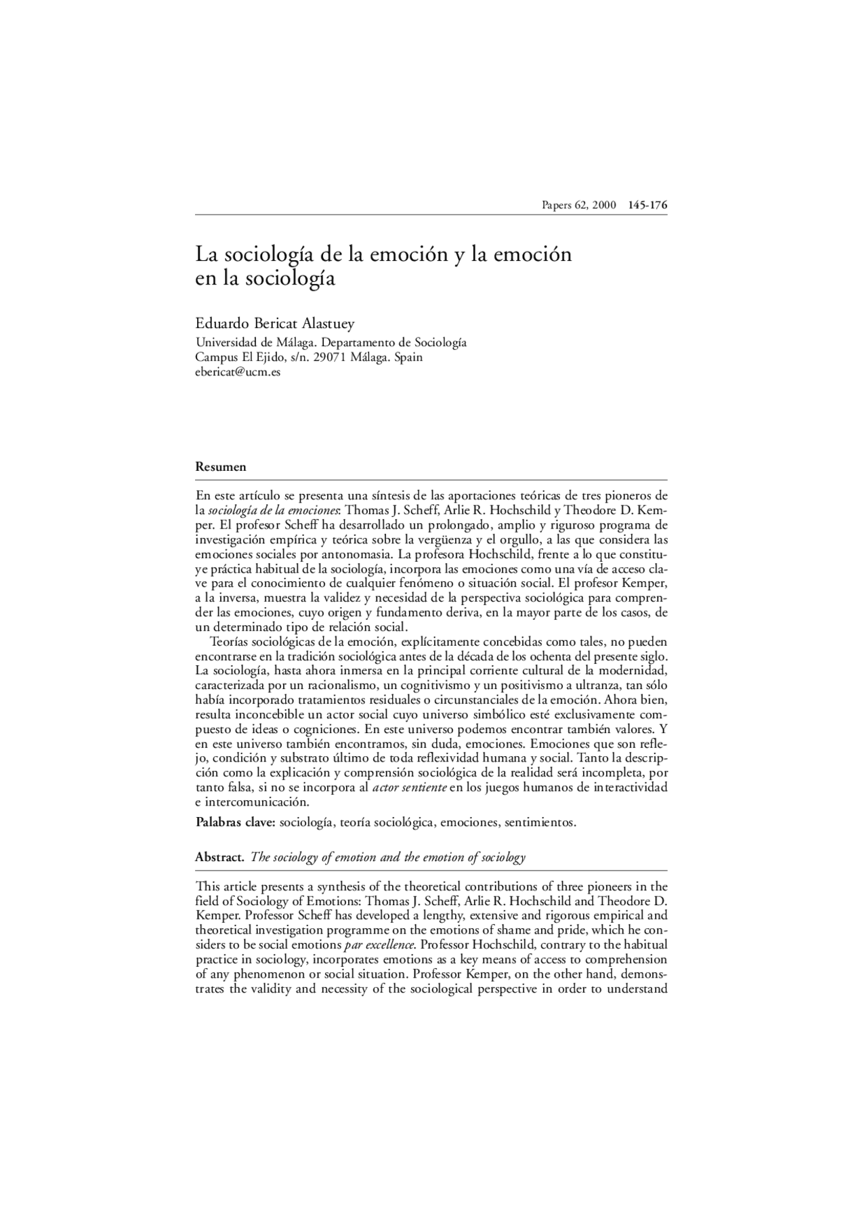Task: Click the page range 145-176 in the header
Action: pos(648,205)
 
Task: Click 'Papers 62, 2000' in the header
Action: pos(578,205)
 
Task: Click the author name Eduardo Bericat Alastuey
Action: pos(274,325)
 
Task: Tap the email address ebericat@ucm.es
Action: pos(238,372)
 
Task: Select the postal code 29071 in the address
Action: pos(330,357)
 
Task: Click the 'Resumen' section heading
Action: pos(221,467)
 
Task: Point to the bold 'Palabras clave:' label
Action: pos(235,823)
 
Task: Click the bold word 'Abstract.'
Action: pos(219,857)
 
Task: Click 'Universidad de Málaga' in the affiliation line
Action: pos(255,343)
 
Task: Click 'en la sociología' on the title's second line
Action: pos(265,278)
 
